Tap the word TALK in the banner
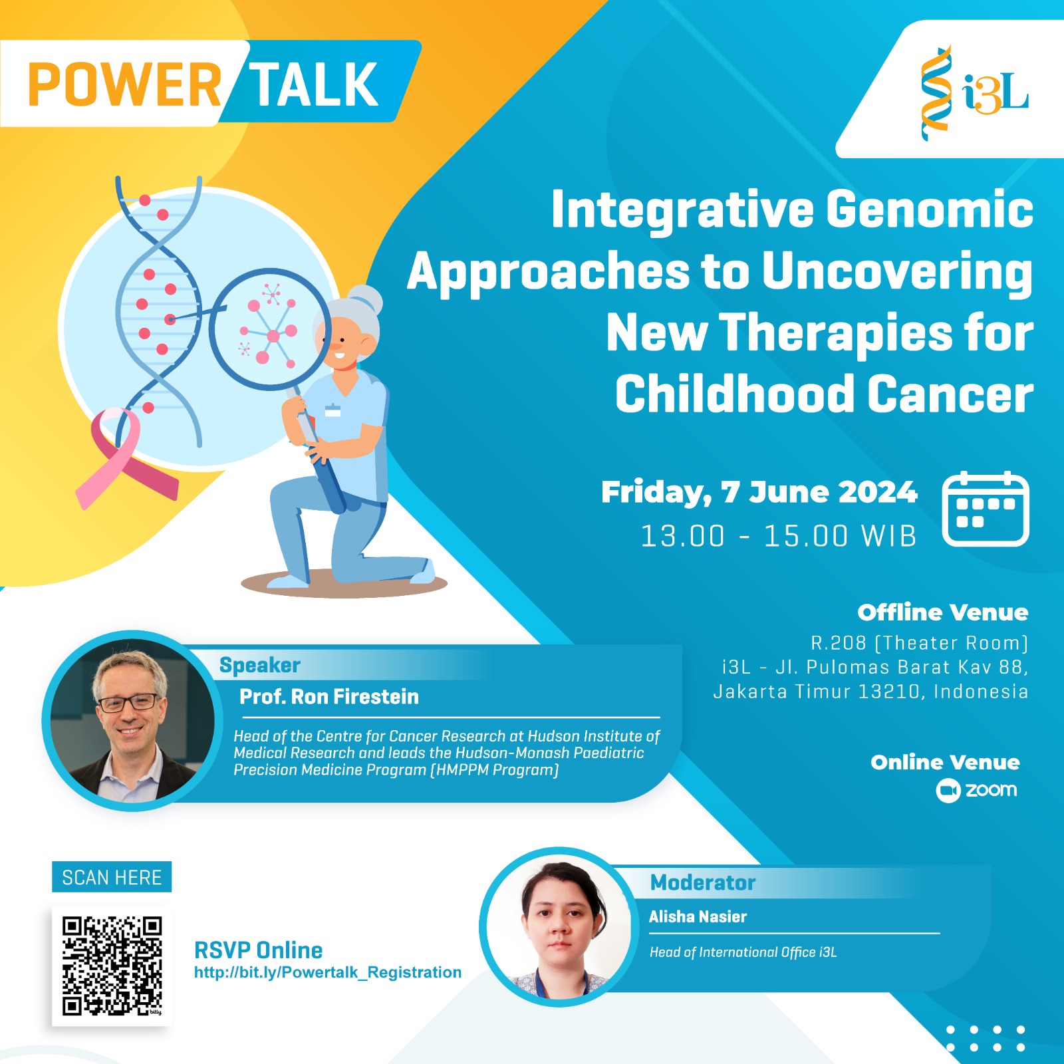click(x=314, y=84)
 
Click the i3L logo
click(x=975, y=93)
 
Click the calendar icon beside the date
click(x=986, y=509)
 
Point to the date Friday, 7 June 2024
click(x=759, y=492)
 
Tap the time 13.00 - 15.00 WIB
click(x=778, y=536)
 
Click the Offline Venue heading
click(x=942, y=612)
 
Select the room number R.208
click(x=838, y=643)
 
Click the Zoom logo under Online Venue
click(x=977, y=790)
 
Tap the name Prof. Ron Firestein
click(x=329, y=696)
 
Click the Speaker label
click(x=260, y=665)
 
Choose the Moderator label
click(x=702, y=882)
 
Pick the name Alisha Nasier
click(x=698, y=916)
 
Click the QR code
click(x=112, y=966)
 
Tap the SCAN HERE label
click(x=112, y=877)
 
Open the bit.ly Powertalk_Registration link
click(x=328, y=972)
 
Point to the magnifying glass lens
click(x=269, y=329)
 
